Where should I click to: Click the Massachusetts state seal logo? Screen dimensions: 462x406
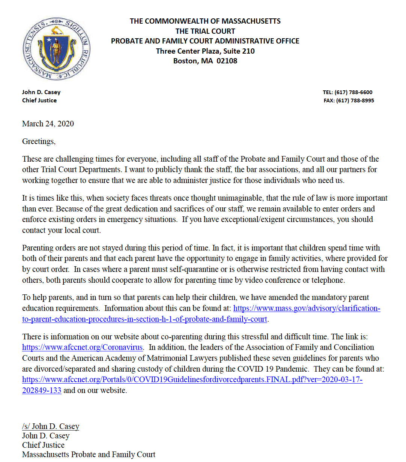(x=56, y=48)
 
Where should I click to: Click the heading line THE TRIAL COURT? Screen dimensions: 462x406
(x=205, y=31)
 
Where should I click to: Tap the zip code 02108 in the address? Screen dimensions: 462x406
(x=227, y=61)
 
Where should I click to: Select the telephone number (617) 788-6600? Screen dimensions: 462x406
(x=353, y=92)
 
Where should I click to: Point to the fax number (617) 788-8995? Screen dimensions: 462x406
(x=355, y=100)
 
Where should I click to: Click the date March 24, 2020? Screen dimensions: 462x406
(x=48, y=124)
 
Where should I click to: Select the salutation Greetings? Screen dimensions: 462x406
(x=39, y=141)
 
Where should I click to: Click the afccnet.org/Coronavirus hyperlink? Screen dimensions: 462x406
(x=82, y=347)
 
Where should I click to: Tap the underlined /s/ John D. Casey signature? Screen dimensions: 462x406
(x=51, y=426)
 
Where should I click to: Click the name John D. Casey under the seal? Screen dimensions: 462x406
(x=41, y=92)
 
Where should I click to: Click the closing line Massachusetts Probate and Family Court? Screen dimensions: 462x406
(x=89, y=454)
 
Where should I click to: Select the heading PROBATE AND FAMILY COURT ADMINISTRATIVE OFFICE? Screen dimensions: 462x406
(x=205, y=41)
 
